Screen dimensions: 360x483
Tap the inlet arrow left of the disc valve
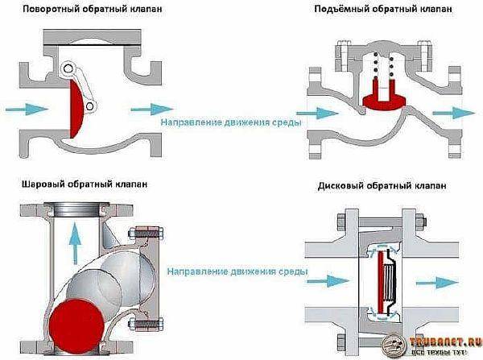coord(327,282)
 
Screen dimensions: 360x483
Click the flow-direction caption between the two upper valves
coord(231,122)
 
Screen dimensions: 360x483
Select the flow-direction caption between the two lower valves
coord(237,272)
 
